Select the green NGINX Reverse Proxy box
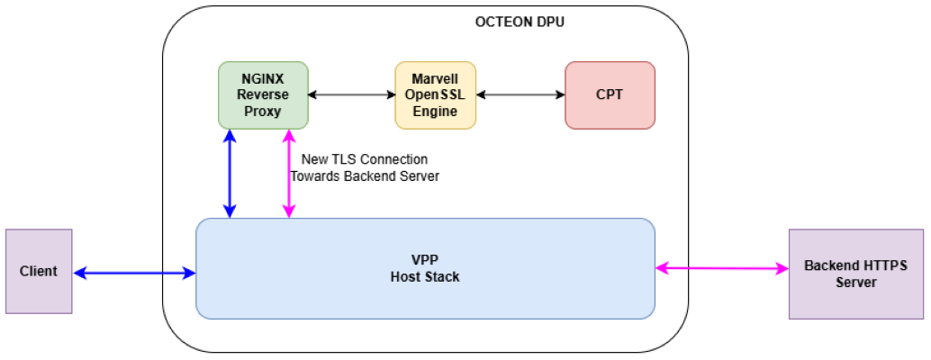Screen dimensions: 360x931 [263, 94]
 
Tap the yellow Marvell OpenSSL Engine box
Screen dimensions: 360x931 [435, 94]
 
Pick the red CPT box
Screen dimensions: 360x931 [610, 94]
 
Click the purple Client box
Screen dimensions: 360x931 [39, 271]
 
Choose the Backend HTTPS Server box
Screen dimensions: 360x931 [855, 274]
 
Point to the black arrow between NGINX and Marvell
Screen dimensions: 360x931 [351, 94]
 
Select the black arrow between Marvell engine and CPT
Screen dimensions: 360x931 [520, 94]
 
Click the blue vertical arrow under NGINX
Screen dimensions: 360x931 [230, 173]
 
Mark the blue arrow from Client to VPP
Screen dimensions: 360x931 [134, 272]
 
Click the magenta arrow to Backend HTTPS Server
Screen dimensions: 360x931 [721, 267]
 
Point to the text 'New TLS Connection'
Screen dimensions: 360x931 [365, 159]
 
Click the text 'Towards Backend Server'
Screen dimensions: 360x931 [365, 176]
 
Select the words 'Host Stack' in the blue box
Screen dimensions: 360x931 [425, 276]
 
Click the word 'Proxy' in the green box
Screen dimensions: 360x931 [263, 111]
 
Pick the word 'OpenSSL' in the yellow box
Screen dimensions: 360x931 [435, 94]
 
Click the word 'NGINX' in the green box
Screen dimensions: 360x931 [263, 78]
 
